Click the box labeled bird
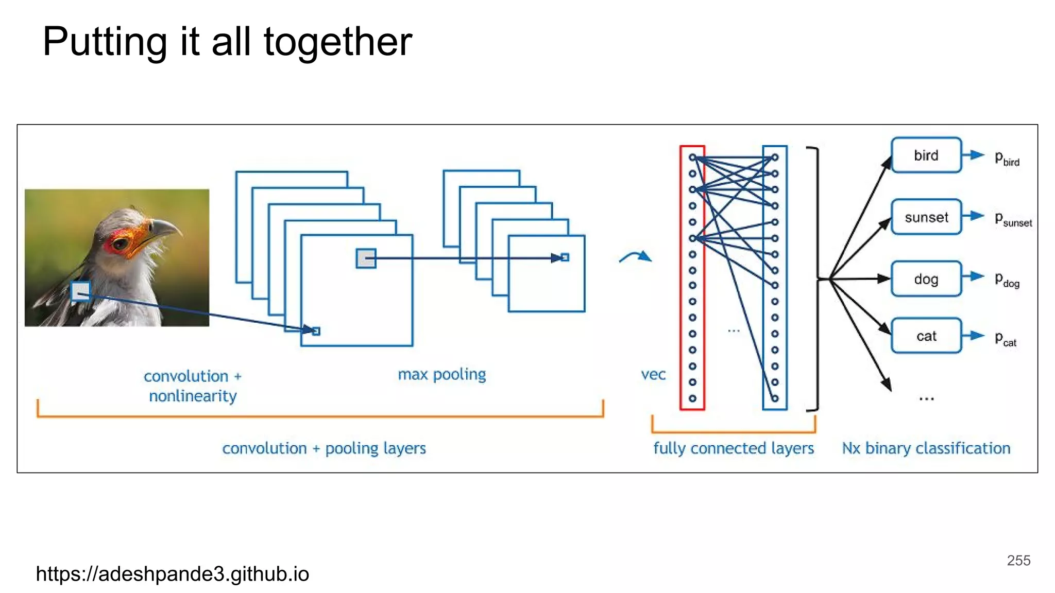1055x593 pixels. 926,155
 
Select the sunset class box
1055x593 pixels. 926,217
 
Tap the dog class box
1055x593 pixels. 926,279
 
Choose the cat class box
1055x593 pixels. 926,336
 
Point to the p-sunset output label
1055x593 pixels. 1012,219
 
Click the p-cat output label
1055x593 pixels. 1005,339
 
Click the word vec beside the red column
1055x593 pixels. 653,374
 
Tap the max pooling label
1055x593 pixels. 441,374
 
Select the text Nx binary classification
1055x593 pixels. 926,448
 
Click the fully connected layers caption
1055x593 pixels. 733,448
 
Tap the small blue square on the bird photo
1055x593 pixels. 80,291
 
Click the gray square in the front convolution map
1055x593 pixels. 366,258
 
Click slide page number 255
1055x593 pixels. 1018,560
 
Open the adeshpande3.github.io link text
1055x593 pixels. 173,573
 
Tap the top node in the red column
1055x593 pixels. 692,158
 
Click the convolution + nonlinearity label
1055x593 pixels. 192,386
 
